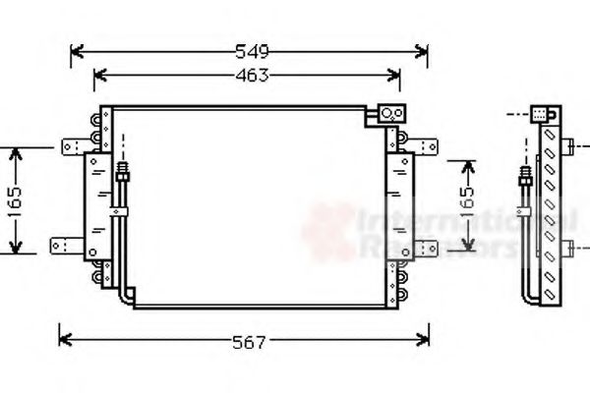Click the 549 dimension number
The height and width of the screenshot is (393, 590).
click(x=251, y=51)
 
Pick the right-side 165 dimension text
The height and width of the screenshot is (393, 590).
click(x=466, y=202)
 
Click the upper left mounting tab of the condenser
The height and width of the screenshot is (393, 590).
click(x=71, y=147)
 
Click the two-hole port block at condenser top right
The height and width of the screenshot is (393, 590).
click(x=392, y=114)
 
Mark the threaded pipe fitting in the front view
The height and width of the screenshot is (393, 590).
click(x=122, y=173)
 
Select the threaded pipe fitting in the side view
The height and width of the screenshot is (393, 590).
click(x=527, y=181)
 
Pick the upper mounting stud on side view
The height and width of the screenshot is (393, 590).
click(x=569, y=148)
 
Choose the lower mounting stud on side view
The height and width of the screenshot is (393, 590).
click(x=569, y=246)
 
